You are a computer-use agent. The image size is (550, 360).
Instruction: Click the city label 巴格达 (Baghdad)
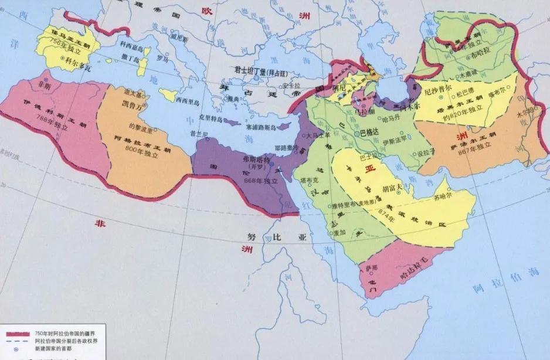point(371,133)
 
